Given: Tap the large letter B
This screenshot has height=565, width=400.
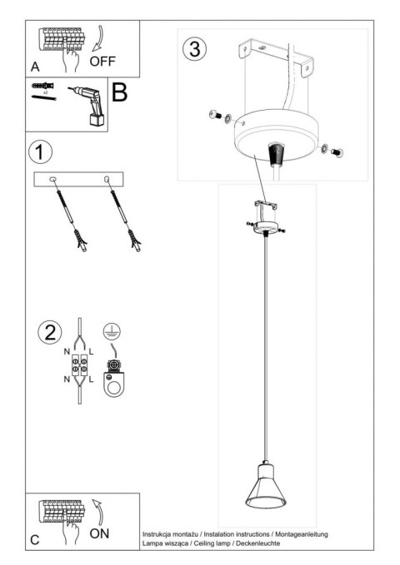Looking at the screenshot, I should coord(120,92).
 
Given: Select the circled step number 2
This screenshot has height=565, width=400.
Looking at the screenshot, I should coord(49,334).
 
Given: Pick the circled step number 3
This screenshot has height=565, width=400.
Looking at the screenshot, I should coord(193,48).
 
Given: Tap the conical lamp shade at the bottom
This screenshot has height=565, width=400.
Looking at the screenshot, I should coord(266,491).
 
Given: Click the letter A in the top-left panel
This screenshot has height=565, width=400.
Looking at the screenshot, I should coord(35,66).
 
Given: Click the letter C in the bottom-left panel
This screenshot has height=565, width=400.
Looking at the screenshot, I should coord(35,540).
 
